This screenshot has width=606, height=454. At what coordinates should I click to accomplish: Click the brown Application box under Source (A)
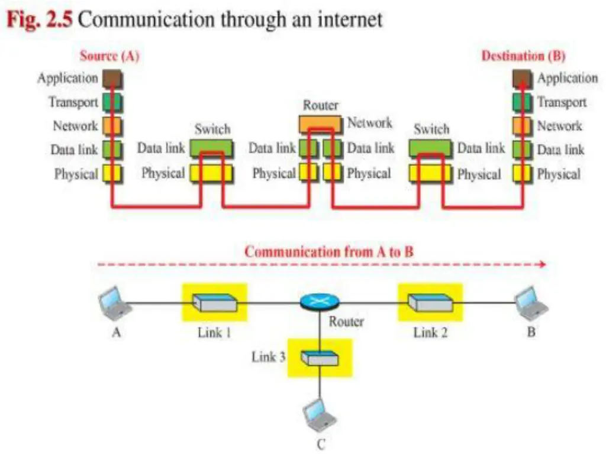pos(112,79)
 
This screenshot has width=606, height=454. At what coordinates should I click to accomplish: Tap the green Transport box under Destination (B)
pos(523,102)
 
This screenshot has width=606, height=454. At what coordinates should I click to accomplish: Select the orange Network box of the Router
pos(321,124)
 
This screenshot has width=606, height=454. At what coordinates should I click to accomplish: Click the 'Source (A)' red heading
pos(109,56)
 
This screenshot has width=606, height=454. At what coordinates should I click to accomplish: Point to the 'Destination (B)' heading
pos(523,56)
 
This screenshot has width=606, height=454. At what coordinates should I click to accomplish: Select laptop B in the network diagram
pos(531,304)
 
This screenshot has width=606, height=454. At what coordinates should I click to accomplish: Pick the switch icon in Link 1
pos(215,303)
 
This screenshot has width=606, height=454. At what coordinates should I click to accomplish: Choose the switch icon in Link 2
pos(431,303)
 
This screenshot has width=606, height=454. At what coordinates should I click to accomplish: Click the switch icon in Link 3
pos(320,358)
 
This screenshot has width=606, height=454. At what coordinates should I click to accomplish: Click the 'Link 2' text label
pos(430,332)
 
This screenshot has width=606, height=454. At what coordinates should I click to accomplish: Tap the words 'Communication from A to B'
pos(329,252)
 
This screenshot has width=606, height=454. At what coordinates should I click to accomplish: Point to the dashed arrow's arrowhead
pos(543,264)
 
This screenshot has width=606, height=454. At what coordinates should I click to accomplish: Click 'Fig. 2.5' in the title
pos(40,20)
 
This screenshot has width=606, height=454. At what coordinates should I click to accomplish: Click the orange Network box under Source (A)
pos(112,127)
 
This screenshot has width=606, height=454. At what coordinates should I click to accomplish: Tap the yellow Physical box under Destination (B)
pos(523,174)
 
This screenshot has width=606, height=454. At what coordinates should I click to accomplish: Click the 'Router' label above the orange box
pos(321,105)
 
